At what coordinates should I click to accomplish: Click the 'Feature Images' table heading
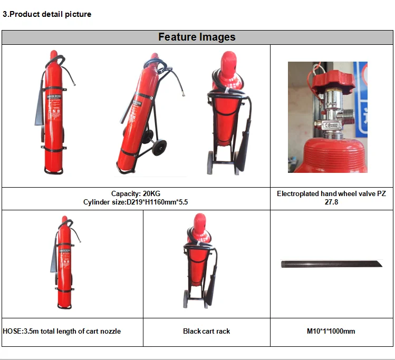[197, 37]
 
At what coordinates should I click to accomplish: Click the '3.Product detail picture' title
[47, 14]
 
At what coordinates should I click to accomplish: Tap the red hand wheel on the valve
[328, 82]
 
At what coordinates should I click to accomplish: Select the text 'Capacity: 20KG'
[136, 194]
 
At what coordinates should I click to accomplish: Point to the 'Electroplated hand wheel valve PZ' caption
[331, 194]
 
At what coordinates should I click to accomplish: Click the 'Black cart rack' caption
[206, 331]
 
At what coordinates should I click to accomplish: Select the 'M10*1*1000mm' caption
[331, 331]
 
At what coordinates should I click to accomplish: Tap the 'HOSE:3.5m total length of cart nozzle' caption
[62, 331]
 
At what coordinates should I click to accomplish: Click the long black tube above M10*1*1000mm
[331, 263]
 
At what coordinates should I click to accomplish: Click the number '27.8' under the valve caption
[331, 202]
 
